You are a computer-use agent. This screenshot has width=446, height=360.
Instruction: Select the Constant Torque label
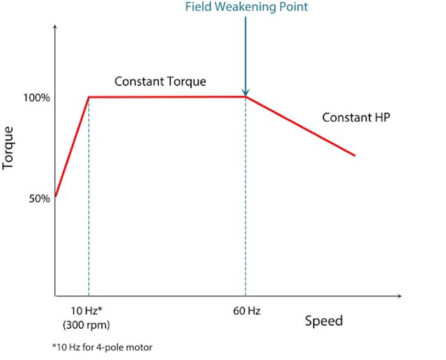[160, 81]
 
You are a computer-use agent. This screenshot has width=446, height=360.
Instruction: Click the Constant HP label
[355, 117]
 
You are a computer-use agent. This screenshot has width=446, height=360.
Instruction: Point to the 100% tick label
[36, 97]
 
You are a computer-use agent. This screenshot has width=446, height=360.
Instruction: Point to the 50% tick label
[38, 198]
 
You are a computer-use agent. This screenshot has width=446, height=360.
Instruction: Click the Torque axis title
[8, 147]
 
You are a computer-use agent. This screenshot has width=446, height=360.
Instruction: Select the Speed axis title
[323, 320]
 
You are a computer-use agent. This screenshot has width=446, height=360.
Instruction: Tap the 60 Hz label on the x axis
[247, 311]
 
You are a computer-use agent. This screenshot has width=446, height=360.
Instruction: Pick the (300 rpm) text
[85, 324]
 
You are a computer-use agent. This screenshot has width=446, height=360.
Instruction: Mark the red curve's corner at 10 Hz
[89, 97]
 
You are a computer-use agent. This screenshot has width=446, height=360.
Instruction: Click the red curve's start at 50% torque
[55, 196]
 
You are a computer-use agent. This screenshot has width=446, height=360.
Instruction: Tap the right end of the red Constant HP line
[355, 155]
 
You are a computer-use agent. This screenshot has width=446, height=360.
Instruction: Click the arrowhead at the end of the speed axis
[399, 297]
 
